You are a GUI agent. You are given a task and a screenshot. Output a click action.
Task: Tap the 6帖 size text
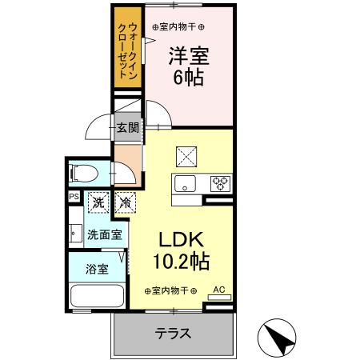tap(188, 78)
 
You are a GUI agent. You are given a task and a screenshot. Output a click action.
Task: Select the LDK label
tap(182, 239)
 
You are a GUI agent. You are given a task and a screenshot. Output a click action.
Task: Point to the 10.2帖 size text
tap(182, 260)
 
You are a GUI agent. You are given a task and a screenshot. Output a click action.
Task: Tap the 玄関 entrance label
tap(127, 126)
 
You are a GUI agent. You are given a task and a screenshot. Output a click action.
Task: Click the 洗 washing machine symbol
tap(98, 203)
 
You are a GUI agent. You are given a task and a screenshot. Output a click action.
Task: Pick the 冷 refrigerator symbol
tap(125, 203)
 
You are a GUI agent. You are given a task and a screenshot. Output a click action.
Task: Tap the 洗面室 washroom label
tap(105, 235)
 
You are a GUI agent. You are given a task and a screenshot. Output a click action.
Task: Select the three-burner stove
tap(220, 183)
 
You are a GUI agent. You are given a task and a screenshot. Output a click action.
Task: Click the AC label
tap(218, 290)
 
